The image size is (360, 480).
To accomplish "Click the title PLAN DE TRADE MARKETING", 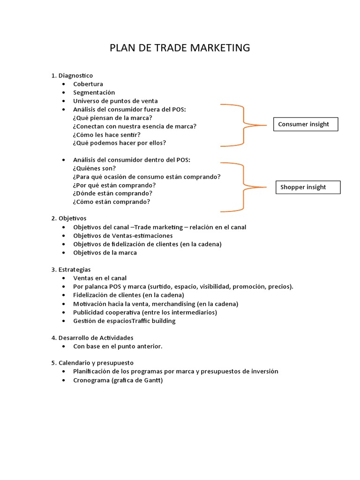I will pyautogui.click(x=180, y=48).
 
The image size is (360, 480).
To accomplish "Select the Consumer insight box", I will pyautogui.click(x=305, y=124).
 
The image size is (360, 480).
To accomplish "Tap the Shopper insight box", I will pyautogui.click(x=307, y=187).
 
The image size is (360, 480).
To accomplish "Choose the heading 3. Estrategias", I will pyautogui.click(x=71, y=270).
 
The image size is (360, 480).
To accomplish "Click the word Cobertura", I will pyautogui.click(x=88, y=84).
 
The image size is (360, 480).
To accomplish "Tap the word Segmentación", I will pyautogui.click(x=94, y=92).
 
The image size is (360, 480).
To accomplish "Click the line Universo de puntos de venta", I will pyautogui.click(x=115, y=101).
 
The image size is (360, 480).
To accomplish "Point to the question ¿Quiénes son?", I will pyautogui.click(x=94, y=168).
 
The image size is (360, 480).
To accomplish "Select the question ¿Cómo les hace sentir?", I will pyautogui.click(x=107, y=135).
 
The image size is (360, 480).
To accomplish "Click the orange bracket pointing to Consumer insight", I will pyautogui.click(x=243, y=125).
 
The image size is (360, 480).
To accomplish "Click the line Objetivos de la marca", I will pyautogui.click(x=105, y=253).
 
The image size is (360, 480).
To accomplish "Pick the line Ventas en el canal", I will pyautogui.click(x=100, y=278).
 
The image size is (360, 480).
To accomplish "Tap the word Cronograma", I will pyautogui.click(x=91, y=380).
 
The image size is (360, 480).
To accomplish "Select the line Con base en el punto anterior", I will pyautogui.click(x=118, y=346).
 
